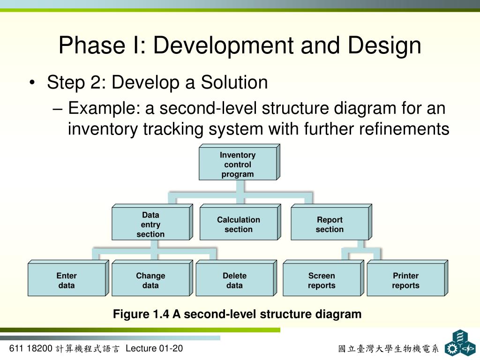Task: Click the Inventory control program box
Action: coord(238,165)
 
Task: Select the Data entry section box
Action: coord(150,225)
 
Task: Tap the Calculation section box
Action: coord(238,225)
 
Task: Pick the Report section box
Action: coord(329,225)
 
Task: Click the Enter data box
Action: coord(66,280)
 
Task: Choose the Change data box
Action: coord(150,280)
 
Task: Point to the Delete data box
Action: coord(234,280)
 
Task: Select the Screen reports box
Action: coord(322,280)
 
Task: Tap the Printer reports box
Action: coord(405,280)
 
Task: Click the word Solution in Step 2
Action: coord(234,83)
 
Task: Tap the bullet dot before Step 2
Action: coord(31,84)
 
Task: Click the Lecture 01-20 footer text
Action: coord(154,348)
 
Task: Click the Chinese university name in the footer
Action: coord(388,349)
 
